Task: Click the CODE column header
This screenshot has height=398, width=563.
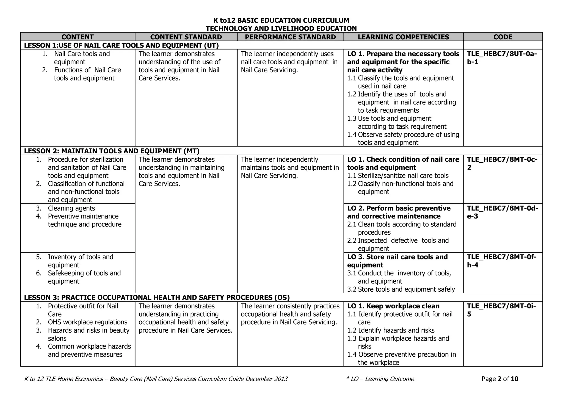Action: [x=503, y=37]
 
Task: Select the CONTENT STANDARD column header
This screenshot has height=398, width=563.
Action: [x=186, y=37]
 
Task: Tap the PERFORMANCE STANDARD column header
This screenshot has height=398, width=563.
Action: [x=290, y=37]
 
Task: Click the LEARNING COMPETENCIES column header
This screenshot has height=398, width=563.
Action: [x=403, y=37]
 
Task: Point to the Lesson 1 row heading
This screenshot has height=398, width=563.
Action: [x=121, y=45]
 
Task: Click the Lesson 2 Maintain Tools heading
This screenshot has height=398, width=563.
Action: [x=112, y=151]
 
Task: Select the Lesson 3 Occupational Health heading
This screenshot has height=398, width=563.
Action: [x=157, y=297]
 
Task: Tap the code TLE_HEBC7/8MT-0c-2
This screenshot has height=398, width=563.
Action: [x=502, y=163]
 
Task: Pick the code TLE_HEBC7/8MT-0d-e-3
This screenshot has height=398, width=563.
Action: [x=502, y=212]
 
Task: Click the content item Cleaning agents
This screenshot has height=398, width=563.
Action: [x=71, y=208]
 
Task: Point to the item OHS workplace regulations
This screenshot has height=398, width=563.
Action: [x=87, y=322]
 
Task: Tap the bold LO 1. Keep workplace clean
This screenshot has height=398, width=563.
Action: [x=393, y=306]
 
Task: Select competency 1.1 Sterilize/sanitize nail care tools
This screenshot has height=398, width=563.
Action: [x=398, y=176]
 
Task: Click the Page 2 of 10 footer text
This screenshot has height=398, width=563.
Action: [x=499, y=379]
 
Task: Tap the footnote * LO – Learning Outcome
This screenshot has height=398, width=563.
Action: [x=380, y=379]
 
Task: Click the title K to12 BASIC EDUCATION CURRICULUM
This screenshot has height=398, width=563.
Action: [x=281, y=20]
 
